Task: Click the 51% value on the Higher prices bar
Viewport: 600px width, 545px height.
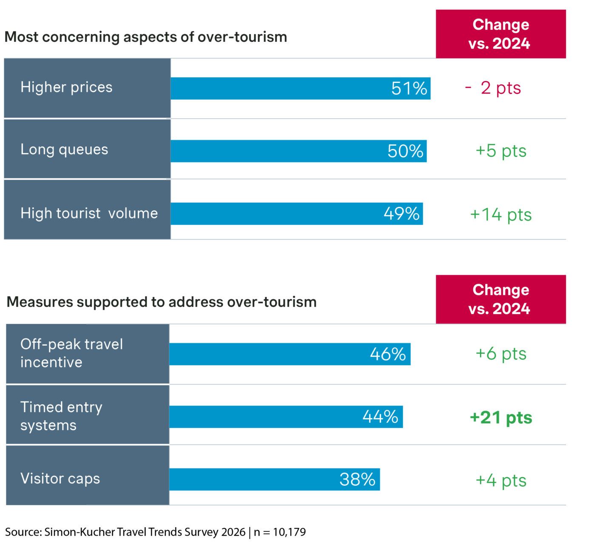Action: (409, 89)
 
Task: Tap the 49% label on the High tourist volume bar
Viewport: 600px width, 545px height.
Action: (401, 214)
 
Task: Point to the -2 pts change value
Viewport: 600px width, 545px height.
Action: (493, 88)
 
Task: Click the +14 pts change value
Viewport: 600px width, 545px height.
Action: (500, 215)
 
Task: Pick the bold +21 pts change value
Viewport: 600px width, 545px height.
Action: (500, 417)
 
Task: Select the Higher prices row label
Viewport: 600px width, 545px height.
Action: (66, 87)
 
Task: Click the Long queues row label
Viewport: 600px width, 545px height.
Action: (64, 149)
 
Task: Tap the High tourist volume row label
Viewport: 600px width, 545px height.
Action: (89, 213)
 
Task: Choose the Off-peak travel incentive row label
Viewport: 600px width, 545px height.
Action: (71, 353)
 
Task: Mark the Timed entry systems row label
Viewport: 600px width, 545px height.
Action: (61, 416)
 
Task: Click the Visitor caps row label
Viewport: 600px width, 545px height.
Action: (60, 479)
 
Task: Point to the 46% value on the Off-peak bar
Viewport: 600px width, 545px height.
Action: (388, 354)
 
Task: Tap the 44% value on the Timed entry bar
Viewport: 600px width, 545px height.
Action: (380, 416)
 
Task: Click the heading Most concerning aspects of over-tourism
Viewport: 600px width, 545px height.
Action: (145, 37)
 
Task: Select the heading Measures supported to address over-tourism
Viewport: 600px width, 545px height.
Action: (162, 302)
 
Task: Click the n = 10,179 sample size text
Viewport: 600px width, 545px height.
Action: (280, 532)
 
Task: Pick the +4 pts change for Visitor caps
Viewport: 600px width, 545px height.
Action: (500, 480)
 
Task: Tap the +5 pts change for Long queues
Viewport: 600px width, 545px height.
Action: (500, 151)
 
